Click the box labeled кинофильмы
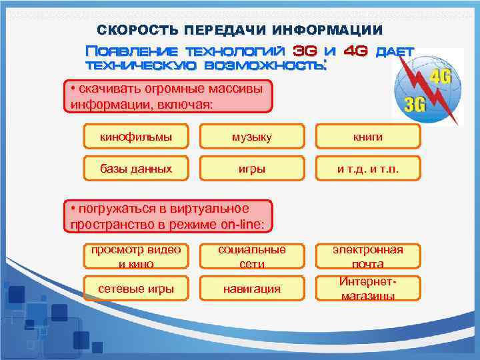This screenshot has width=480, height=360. click(135, 137)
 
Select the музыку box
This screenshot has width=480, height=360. click(252, 137)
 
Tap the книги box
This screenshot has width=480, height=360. click(368, 137)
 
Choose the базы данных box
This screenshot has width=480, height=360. click(135, 169)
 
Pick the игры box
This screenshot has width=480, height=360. click(252, 169)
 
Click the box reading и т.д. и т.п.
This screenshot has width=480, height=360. click(368, 169)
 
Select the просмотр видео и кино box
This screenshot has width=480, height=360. click(135, 257)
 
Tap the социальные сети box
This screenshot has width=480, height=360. click(252, 257)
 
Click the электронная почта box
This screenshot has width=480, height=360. click(368, 257)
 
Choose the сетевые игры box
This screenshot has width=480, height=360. click(135, 289)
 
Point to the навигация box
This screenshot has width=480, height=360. click(252, 289)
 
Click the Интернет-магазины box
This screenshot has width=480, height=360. click(368, 289)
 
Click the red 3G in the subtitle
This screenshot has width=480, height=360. click(305, 51)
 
